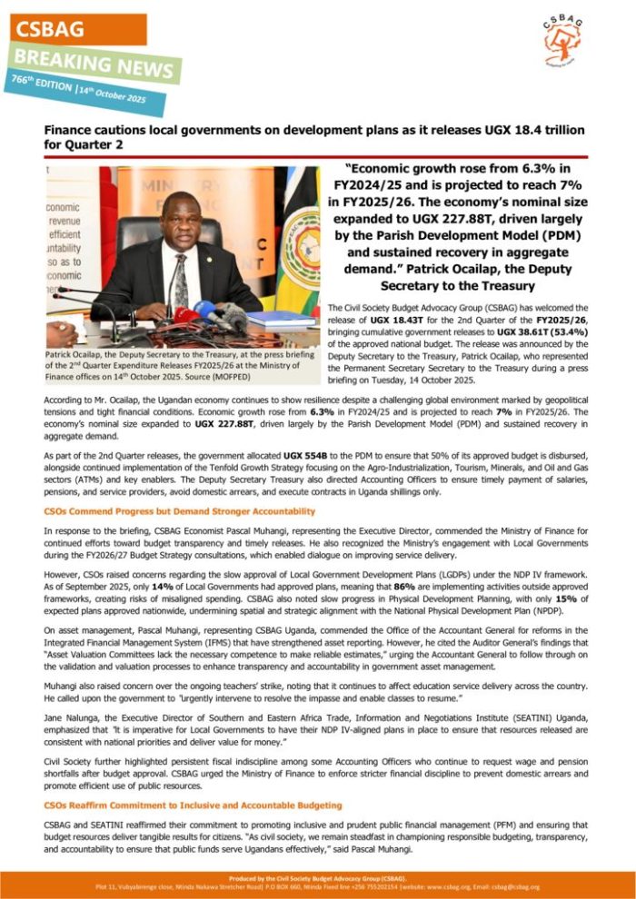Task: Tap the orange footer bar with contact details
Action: click(318, 883)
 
